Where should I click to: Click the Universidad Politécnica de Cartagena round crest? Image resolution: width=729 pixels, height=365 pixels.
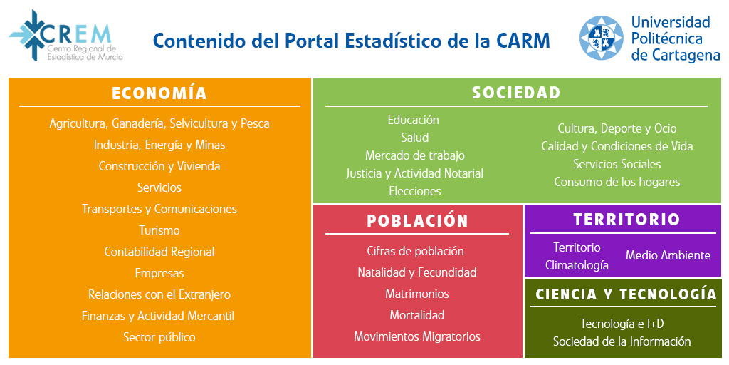[x=601, y=38]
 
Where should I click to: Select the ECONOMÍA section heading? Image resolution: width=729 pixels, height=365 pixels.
[x=159, y=93]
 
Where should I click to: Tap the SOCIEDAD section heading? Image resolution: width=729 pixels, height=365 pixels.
[x=516, y=93]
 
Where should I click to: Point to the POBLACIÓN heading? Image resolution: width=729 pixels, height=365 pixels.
[x=417, y=221]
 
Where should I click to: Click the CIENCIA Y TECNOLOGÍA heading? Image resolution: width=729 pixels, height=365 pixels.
[x=626, y=294]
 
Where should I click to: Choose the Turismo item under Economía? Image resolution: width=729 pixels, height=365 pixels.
[x=159, y=230]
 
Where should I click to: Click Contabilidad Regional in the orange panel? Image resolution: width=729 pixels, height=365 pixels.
[x=159, y=252]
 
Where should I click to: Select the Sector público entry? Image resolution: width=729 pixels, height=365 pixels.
[x=159, y=337]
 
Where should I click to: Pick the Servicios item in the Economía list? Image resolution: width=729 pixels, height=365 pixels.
[x=159, y=187]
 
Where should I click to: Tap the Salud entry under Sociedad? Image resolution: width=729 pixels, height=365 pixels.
[x=415, y=138]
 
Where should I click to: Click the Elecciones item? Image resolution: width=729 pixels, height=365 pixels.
[x=415, y=191]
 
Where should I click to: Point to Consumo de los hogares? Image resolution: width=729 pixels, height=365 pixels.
[x=617, y=182]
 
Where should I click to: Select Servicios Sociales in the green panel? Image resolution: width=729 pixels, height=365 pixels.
[x=617, y=164]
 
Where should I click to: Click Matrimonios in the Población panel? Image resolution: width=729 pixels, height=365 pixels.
[x=417, y=294]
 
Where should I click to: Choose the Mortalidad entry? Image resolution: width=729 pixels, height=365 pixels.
[x=417, y=315]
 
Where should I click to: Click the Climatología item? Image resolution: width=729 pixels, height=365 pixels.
[x=577, y=265]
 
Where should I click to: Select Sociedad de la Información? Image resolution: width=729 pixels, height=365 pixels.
[x=622, y=341]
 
